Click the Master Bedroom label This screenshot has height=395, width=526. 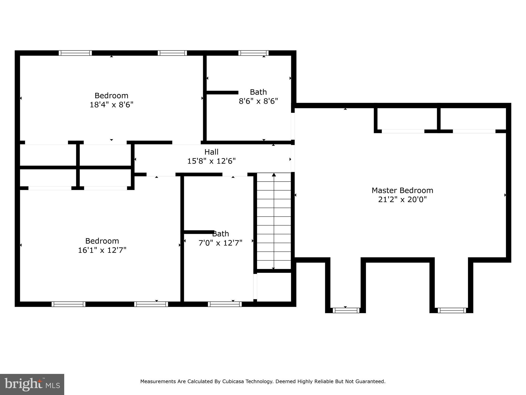click(x=402, y=191)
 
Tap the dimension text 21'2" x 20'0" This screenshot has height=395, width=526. click(x=402, y=200)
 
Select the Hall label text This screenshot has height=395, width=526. click(x=211, y=152)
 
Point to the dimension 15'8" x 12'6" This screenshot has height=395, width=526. click(x=211, y=161)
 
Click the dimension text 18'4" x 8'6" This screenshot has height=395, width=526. click(x=111, y=105)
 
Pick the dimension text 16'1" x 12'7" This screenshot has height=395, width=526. click(x=102, y=250)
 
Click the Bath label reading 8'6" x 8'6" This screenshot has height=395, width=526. click(x=258, y=92)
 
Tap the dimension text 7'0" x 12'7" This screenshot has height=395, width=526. click(x=220, y=243)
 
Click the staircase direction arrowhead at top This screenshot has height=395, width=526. click(x=274, y=175)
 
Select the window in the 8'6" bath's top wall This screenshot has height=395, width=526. click(x=253, y=53)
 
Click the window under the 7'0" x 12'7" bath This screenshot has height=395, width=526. click(x=225, y=304)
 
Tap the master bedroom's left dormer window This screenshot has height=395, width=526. click(x=346, y=310)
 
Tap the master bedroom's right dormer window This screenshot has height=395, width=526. click(x=452, y=310)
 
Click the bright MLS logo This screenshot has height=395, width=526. click(x=32, y=384)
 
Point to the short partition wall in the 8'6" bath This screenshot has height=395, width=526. click(x=222, y=93)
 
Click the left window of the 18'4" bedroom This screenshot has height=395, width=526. click(x=75, y=53)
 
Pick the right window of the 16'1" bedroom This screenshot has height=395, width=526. click(x=151, y=304)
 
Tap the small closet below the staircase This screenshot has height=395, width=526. click(x=274, y=287)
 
